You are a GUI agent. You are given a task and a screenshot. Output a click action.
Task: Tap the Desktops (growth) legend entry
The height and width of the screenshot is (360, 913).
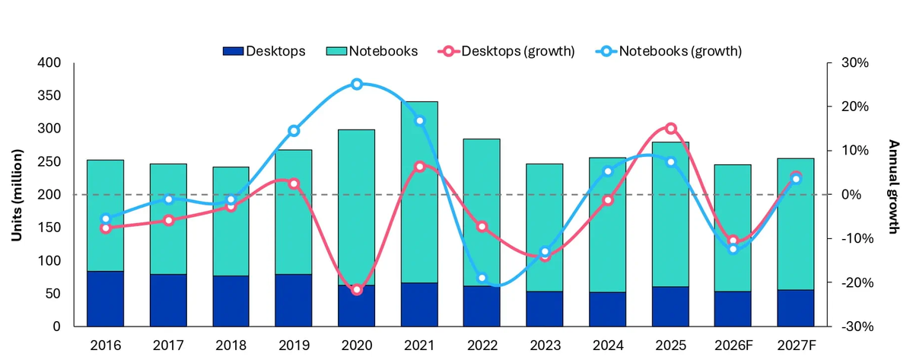pyautogui.click(x=506, y=51)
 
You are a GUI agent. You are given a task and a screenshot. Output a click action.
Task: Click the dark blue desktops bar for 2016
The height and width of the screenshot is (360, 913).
pyautogui.click(x=105, y=298)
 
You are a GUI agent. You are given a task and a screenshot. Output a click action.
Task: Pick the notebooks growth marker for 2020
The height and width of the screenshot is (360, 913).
pyautogui.click(x=357, y=84)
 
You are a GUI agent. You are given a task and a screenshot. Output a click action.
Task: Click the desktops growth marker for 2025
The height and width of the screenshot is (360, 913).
pyautogui.click(x=670, y=129)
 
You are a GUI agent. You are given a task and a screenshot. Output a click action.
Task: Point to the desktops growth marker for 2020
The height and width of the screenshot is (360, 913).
pyautogui.click(x=357, y=289)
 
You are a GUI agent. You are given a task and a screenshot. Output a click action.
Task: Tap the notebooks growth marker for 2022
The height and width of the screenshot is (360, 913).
pyautogui.click(x=482, y=279)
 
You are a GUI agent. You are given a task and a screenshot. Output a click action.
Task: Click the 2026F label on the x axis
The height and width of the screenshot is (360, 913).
pyautogui.click(x=733, y=345)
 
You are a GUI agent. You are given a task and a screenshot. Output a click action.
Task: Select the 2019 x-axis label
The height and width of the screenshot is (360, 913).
pyautogui.click(x=294, y=345)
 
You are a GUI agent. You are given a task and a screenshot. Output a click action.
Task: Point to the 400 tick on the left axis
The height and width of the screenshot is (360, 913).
pyautogui.click(x=52, y=63)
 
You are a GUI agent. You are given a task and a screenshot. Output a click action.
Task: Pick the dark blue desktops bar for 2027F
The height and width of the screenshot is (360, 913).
pyautogui.click(x=795, y=307)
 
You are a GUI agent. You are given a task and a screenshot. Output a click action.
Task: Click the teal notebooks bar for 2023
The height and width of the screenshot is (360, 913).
pyautogui.click(x=545, y=228)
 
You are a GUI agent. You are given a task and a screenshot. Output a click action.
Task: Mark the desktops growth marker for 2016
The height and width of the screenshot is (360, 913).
pyautogui.click(x=106, y=228)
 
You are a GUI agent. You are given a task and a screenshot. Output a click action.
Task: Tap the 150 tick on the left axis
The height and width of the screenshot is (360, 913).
pyautogui.click(x=52, y=228)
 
